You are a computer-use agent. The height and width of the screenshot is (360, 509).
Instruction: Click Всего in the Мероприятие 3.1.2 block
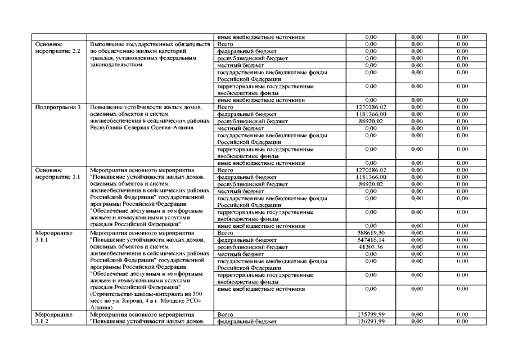click(225, 314)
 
